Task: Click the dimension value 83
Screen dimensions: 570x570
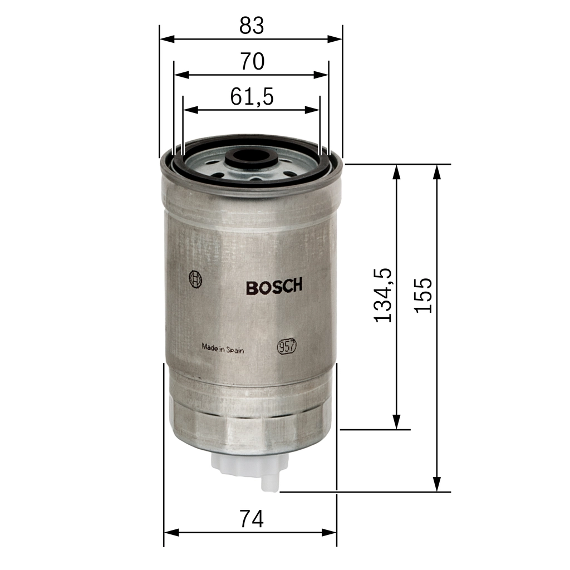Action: pyautogui.click(x=251, y=26)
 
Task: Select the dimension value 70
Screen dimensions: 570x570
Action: pyautogui.click(x=252, y=62)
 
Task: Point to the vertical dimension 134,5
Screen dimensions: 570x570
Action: pyautogui.click(x=383, y=295)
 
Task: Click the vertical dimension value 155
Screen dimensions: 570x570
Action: pyautogui.click(x=424, y=295)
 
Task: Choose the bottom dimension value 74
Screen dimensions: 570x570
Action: pyautogui.click(x=251, y=519)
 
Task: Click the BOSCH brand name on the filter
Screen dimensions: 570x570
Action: pyautogui.click(x=274, y=287)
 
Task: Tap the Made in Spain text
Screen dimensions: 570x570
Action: pyautogui.click(x=223, y=349)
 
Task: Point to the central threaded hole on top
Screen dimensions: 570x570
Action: pyautogui.click(x=252, y=158)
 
